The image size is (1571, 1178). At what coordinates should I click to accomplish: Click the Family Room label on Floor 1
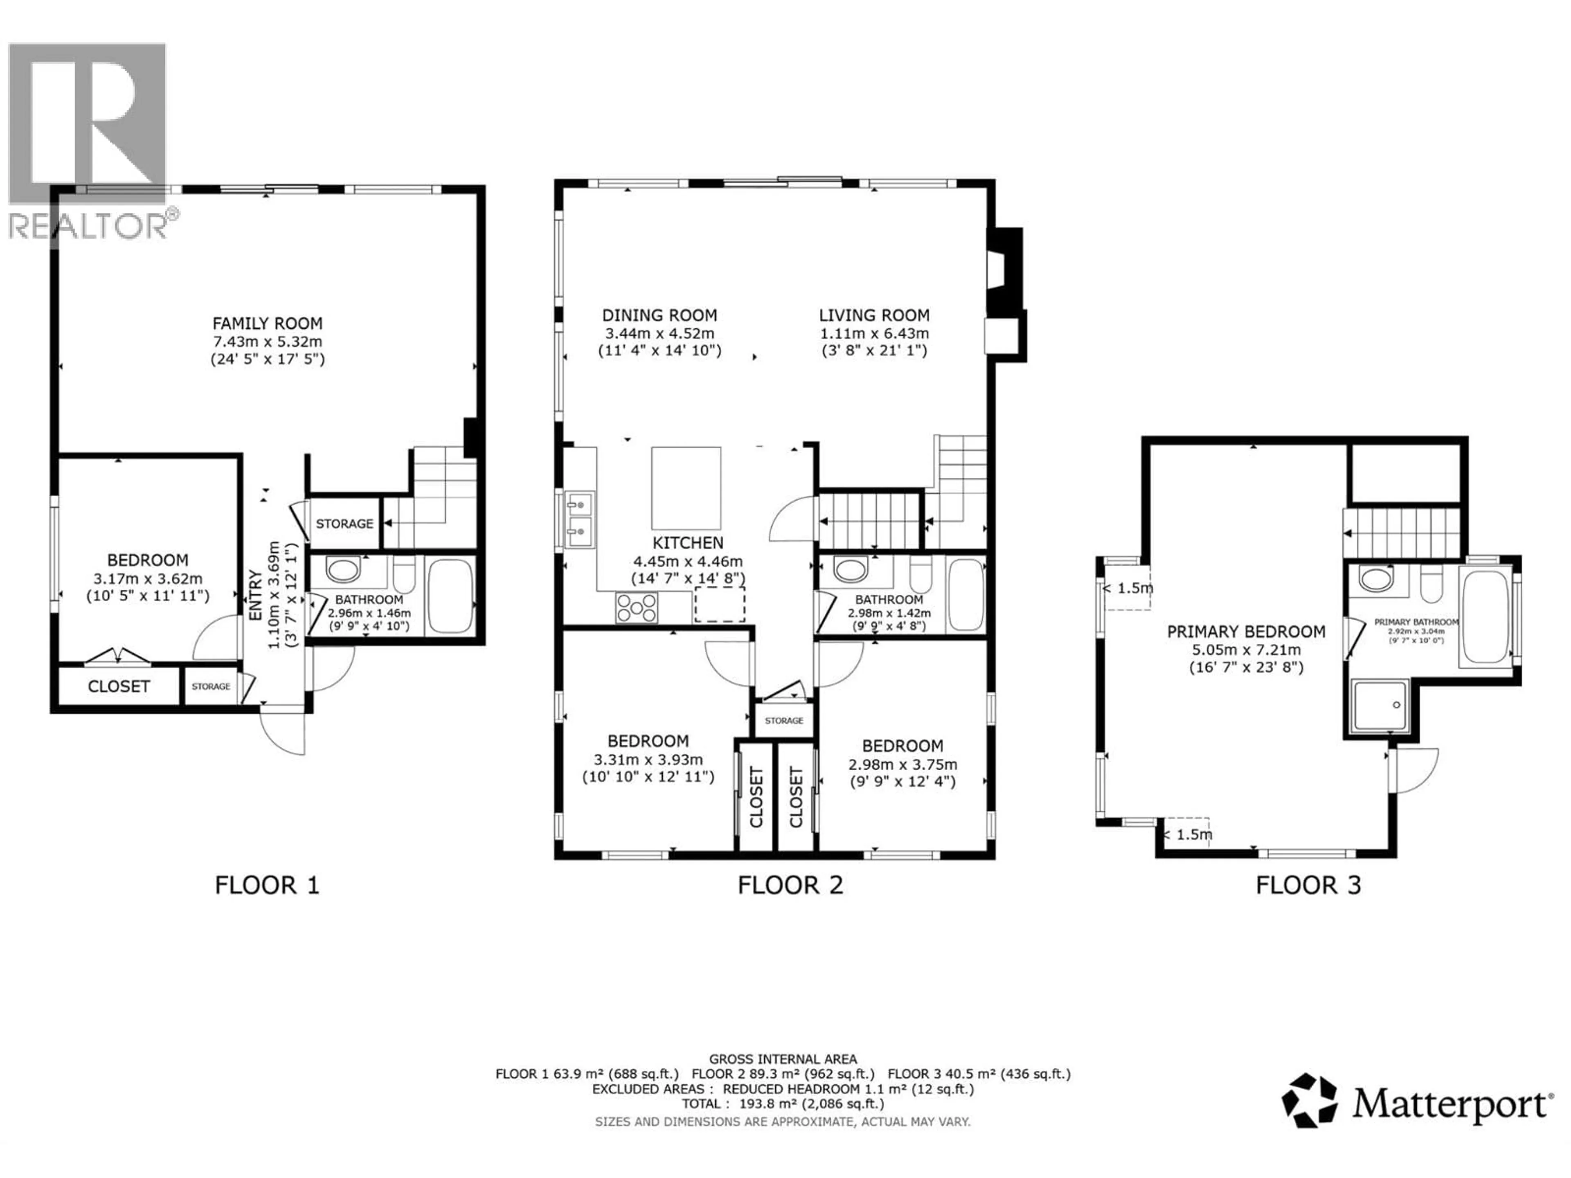267,323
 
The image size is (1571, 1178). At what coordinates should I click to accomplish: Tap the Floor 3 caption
1308,886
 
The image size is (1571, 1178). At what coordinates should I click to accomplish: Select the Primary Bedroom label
1246,631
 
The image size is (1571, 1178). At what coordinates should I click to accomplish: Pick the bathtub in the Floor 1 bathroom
450,595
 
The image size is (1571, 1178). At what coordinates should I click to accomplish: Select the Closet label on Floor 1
119,686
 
